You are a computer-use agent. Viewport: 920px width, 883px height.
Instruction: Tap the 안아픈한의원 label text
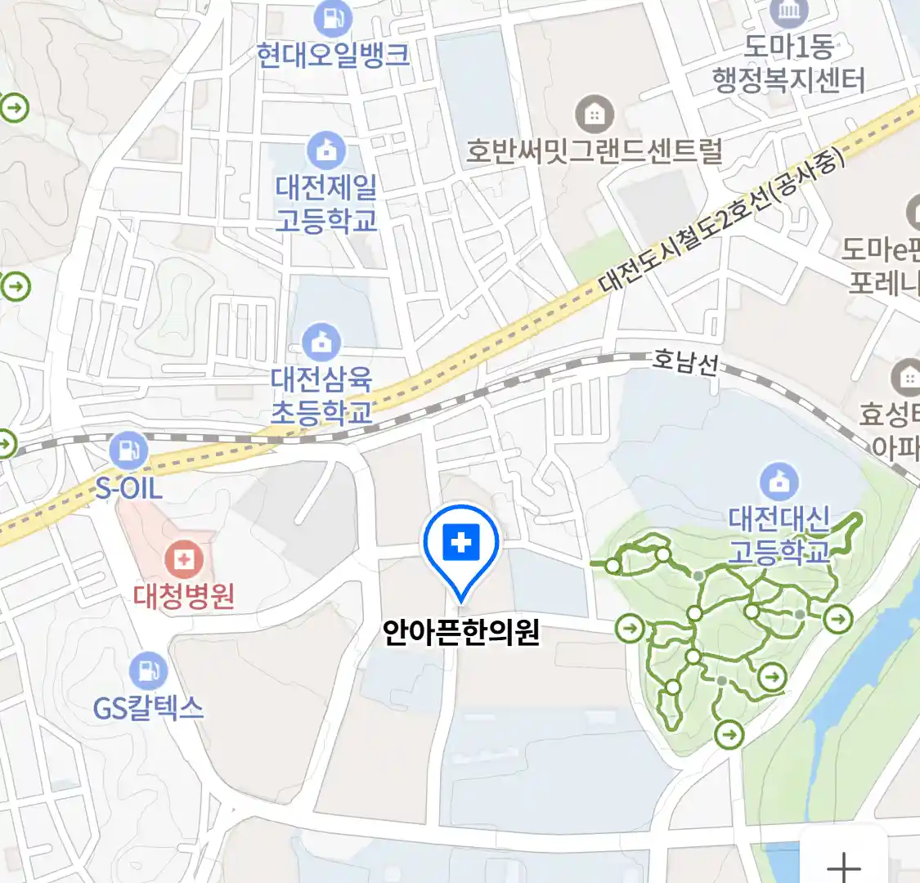461,633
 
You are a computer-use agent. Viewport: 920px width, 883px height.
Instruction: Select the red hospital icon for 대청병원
185,560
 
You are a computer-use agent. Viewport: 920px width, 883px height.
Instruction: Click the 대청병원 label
185,595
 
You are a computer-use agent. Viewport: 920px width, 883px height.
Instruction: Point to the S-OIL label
129,489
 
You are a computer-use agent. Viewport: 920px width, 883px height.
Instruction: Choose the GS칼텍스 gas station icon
148,670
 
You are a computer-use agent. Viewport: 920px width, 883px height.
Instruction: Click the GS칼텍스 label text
148,706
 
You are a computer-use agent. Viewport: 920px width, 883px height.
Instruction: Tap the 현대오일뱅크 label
333,55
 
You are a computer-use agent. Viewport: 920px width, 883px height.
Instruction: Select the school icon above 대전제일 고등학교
326,151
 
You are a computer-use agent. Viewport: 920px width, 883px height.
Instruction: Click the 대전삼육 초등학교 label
321,395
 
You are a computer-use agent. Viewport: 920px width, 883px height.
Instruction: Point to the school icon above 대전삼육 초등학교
321,343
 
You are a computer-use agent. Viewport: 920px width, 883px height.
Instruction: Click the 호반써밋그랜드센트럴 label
595,151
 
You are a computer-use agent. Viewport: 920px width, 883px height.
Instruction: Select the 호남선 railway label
684,361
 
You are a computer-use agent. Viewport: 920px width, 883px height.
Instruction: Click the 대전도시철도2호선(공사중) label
720,221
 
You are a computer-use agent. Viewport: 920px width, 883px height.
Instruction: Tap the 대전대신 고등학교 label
779,535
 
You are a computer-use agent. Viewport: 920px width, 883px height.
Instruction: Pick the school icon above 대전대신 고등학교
779,482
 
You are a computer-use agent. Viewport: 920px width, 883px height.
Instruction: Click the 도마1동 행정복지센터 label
788,64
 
